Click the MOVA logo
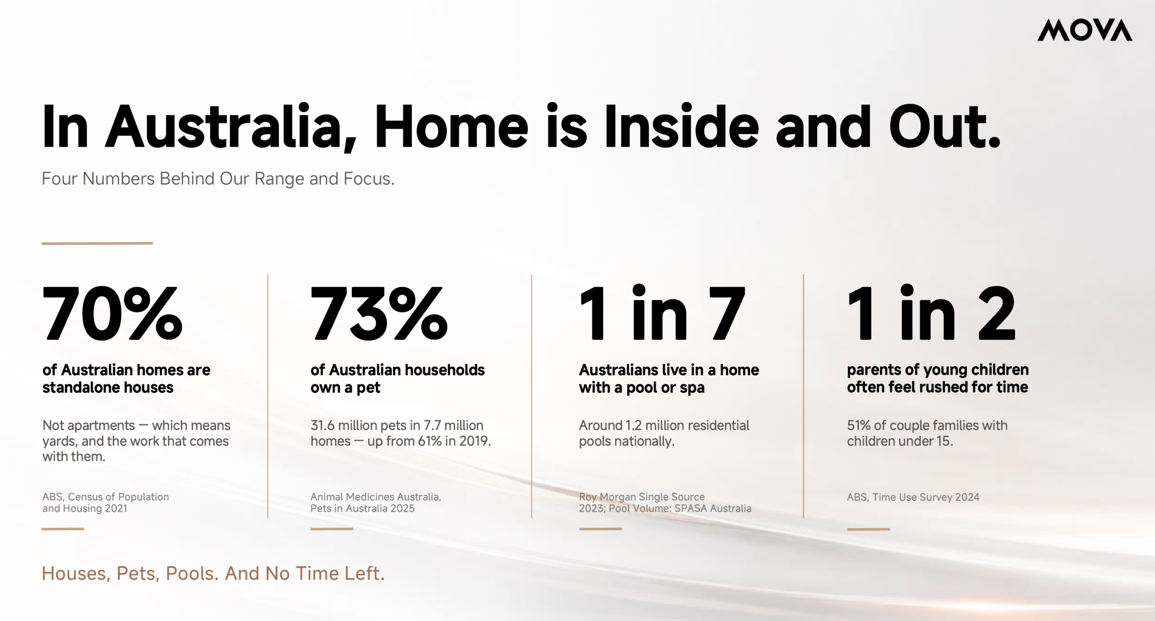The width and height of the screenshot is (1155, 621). coord(1085,30)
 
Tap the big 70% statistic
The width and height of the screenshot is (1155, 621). coord(112,313)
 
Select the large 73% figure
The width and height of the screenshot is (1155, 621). coord(379,313)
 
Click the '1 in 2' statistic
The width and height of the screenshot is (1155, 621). coord(931,312)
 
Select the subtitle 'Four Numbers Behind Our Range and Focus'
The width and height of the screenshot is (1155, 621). coord(218,179)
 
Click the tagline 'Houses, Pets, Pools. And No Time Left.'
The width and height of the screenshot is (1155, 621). coord(213,573)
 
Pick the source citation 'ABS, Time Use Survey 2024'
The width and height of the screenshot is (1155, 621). coord(913,497)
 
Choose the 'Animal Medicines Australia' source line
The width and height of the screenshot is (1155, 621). coord(376,497)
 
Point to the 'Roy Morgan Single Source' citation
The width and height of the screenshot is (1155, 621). coord(642,497)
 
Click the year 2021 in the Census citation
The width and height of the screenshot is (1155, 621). coord(115,508)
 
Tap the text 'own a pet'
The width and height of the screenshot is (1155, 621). coord(345,387)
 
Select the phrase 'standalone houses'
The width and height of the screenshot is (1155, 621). coord(108,387)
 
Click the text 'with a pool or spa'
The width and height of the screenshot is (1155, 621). coord(642,387)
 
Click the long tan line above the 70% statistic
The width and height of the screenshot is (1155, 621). coord(97,243)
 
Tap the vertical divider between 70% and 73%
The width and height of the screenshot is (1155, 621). coord(268,396)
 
